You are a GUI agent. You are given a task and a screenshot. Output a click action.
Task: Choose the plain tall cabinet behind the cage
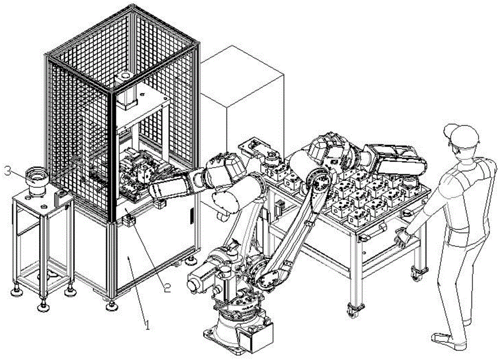(x=245, y=100)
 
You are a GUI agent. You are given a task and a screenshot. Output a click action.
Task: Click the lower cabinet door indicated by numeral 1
(x=135, y=260)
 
